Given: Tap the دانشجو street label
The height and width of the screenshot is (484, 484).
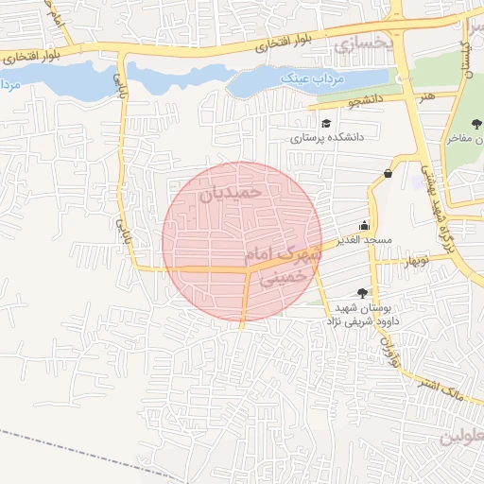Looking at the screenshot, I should (x=337, y=98).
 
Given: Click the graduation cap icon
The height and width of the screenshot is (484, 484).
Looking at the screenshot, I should (x=326, y=124).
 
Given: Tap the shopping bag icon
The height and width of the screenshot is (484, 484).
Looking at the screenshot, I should (x=388, y=174).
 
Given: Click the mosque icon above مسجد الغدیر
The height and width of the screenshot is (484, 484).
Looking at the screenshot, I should (x=364, y=226).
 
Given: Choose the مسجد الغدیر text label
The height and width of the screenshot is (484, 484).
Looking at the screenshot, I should (x=369, y=241).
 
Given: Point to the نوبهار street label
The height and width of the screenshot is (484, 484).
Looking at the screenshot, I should (x=415, y=260).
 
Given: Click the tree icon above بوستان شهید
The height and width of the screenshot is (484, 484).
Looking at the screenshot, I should (x=362, y=293).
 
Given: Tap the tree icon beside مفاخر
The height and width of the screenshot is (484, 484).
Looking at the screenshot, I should (x=475, y=125).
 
